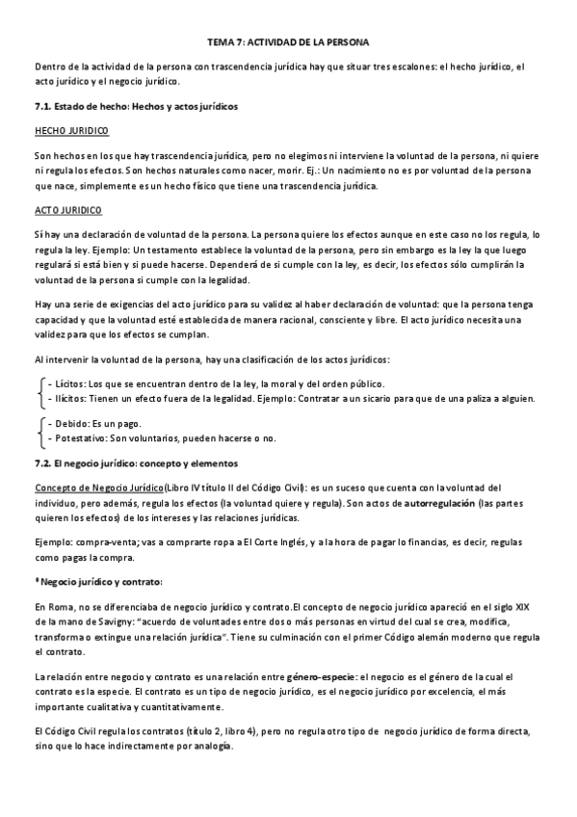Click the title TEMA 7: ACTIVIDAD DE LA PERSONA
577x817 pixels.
click(x=287, y=43)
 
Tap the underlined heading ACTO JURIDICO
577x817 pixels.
click(x=67, y=209)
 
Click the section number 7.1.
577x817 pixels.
click(x=44, y=105)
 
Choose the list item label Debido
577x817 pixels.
click(x=65, y=424)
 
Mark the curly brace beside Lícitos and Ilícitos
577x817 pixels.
click(x=39, y=391)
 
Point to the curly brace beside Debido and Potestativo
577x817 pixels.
click(x=39, y=432)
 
